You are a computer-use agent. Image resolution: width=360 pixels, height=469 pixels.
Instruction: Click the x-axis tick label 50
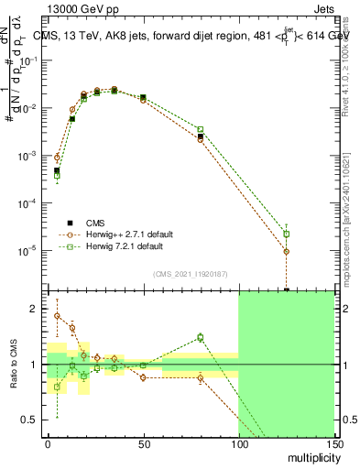(143, 444)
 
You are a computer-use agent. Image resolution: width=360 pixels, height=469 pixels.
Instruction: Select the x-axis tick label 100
(238, 444)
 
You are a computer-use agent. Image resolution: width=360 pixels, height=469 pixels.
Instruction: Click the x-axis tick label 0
(48, 444)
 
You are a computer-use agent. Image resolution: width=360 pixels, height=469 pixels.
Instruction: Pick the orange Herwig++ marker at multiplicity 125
(287, 251)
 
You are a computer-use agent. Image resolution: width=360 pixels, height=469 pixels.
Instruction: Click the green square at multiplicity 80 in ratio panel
(201, 337)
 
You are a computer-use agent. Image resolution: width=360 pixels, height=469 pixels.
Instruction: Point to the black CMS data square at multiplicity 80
(201, 137)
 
